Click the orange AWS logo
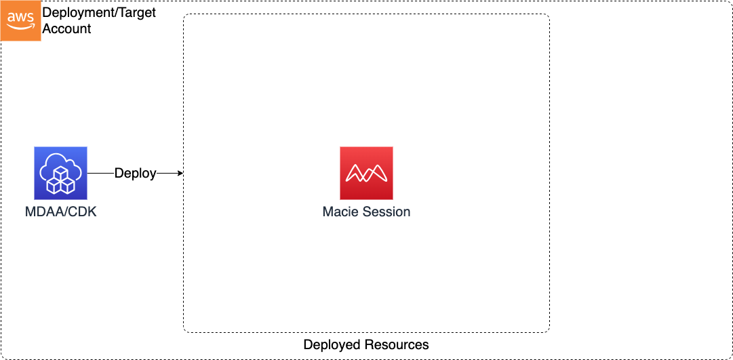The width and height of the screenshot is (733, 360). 20,20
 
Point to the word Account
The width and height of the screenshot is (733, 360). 67,28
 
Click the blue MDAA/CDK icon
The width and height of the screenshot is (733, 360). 60,173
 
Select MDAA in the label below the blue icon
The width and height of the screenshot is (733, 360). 41,212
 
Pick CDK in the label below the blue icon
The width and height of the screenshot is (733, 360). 84,212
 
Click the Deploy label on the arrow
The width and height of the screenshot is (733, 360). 135,174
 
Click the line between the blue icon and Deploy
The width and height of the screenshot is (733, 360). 100,174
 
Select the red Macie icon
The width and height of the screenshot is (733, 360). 366,173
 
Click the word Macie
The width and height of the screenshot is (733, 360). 343,212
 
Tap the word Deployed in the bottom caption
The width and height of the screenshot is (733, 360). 332,344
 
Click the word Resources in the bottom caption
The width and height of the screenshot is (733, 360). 396,344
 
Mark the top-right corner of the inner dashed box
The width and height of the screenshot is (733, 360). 548,16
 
